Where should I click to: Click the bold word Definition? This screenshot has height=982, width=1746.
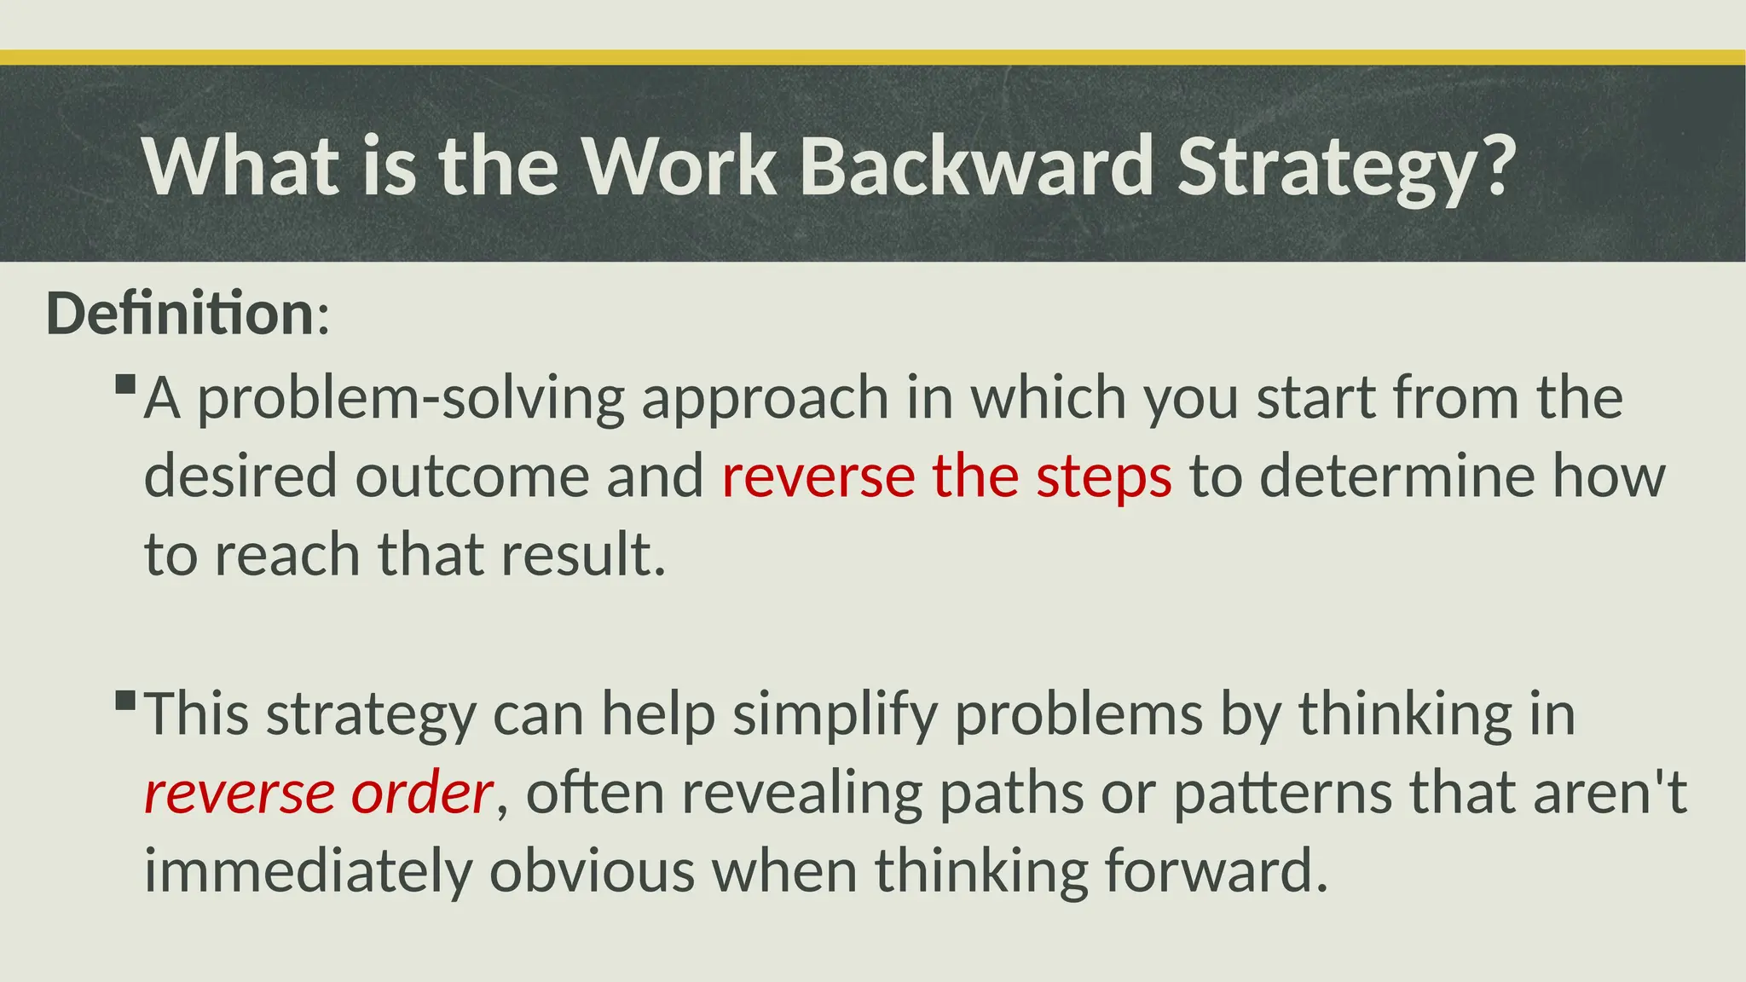click(x=181, y=314)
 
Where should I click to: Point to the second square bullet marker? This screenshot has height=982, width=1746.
click(x=125, y=701)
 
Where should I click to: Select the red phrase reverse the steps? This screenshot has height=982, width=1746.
click(x=946, y=476)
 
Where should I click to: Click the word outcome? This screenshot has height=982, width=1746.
click(x=471, y=476)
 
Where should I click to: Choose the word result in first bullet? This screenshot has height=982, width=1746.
click(x=582, y=554)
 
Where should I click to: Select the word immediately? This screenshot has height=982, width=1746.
click(x=308, y=871)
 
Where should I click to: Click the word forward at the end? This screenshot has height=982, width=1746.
click(x=1216, y=871)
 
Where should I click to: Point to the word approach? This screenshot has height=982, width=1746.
click(x=765, y=399)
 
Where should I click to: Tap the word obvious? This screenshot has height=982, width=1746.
click(x=592, y=871)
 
